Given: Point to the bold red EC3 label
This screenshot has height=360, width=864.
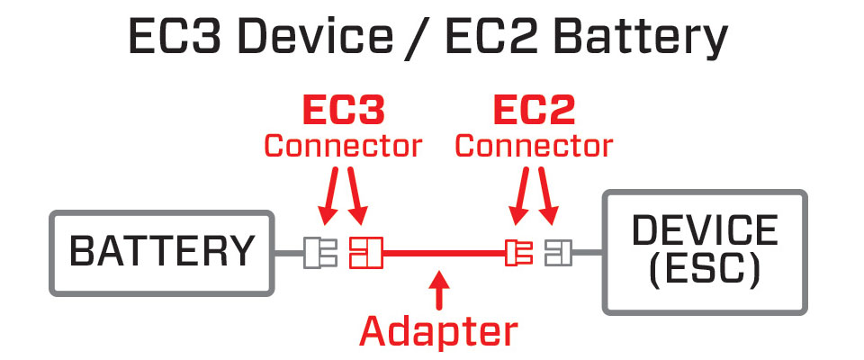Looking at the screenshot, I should tap(342, 111).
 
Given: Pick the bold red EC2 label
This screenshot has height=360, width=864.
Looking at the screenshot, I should tap(534, 111).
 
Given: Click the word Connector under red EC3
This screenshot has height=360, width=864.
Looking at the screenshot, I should tap(342, 145).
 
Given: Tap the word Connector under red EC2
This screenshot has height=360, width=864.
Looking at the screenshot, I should tap(534, 145).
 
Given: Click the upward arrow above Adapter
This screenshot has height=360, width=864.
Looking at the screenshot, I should tap(438, 289).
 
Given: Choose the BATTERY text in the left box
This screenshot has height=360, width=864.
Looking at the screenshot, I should tap(162, 252).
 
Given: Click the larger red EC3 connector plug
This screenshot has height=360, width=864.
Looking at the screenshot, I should tap(366, 253).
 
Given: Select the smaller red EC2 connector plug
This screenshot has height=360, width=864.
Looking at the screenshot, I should tap(517, 253).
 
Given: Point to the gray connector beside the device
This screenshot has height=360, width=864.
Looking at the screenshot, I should tap(557, 253).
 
